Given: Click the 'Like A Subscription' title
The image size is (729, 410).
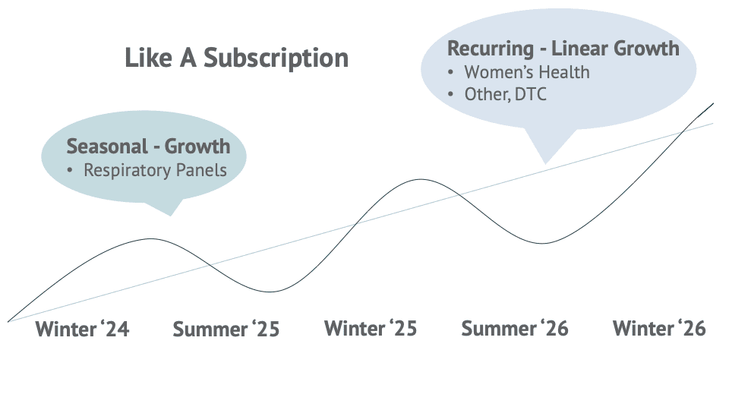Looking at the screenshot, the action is point(237,58).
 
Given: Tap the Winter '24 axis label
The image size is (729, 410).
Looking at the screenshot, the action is point(82,329).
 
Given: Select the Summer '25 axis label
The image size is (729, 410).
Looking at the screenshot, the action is point(226,329).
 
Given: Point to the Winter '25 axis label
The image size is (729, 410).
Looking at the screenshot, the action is point(371,328).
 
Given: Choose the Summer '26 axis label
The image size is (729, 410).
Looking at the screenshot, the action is point(515,328).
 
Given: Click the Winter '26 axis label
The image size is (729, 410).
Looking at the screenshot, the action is point(659,328).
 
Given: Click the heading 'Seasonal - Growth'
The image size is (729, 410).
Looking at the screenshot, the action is point(148,147).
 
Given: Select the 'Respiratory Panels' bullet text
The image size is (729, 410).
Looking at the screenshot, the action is point(155,170).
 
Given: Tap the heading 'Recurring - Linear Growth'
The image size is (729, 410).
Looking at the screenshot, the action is point(563,49).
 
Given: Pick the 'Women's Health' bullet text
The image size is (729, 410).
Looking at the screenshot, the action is point(527,72).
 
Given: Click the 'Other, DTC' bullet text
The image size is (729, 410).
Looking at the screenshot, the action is point(506,94).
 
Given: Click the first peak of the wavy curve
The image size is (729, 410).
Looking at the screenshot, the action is point(150,238).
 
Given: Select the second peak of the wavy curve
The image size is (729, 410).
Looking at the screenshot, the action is point(421,179).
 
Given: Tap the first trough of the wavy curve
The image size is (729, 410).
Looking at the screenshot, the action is point(270,292).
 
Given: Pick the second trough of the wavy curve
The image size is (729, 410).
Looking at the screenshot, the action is point(542,243).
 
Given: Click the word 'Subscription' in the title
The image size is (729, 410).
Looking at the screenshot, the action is point(276,58).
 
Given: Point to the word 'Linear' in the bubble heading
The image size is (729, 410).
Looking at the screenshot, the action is point(579,49).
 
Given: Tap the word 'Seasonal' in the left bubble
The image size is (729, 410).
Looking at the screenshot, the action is point(107,147).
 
